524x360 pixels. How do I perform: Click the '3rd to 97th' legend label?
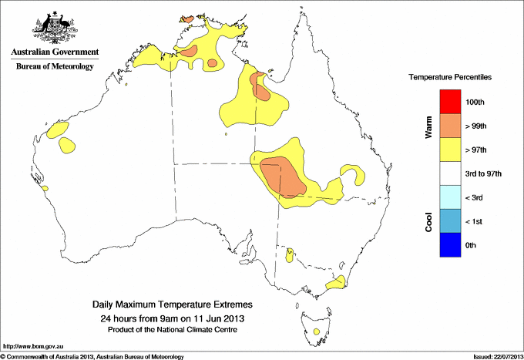coord(483,174)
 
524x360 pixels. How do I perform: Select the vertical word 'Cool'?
coord(428,221)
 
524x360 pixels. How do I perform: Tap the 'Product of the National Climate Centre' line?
coord(173,329)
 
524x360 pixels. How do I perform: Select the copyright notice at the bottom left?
coord(92,356)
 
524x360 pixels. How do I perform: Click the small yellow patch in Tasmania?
coord(317,331)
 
